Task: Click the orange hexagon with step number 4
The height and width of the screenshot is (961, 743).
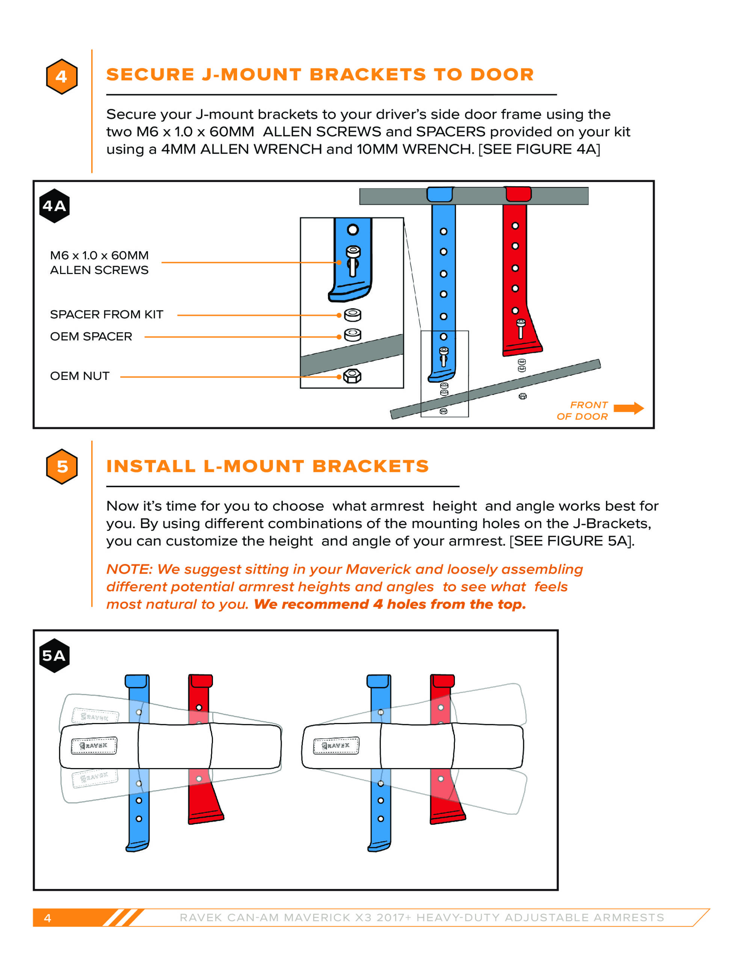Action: (62, 77)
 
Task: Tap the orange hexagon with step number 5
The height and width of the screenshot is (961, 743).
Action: (62, 466)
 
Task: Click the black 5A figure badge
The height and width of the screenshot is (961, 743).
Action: (54, 656)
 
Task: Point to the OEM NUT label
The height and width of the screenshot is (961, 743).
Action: (80, 376)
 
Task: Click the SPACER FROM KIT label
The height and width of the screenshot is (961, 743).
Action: (107, 314)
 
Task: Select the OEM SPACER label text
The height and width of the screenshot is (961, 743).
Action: (91, 336)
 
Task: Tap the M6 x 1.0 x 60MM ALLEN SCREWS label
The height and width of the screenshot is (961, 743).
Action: (99, 262)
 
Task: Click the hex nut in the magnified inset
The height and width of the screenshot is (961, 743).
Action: (352, 376)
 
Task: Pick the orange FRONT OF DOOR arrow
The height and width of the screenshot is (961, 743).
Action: (628, 408)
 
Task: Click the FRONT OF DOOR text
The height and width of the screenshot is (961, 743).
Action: (582, 411)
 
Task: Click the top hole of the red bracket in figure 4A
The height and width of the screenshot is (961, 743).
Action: (515, 226)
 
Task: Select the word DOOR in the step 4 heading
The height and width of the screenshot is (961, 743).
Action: (502, 75)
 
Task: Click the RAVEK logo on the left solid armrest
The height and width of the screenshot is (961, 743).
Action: (94, 746)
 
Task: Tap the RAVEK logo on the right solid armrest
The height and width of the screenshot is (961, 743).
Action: (336, 746)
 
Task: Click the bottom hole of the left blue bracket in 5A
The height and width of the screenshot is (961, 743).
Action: (139, 819)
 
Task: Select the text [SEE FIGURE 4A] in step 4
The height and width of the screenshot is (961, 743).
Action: (539, 149)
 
